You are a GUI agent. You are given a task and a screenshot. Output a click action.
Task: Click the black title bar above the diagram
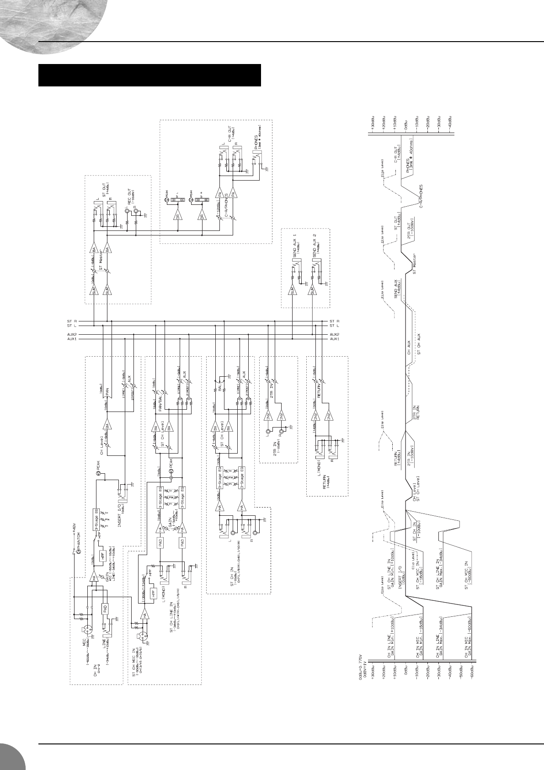click(x=149, y=75)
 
